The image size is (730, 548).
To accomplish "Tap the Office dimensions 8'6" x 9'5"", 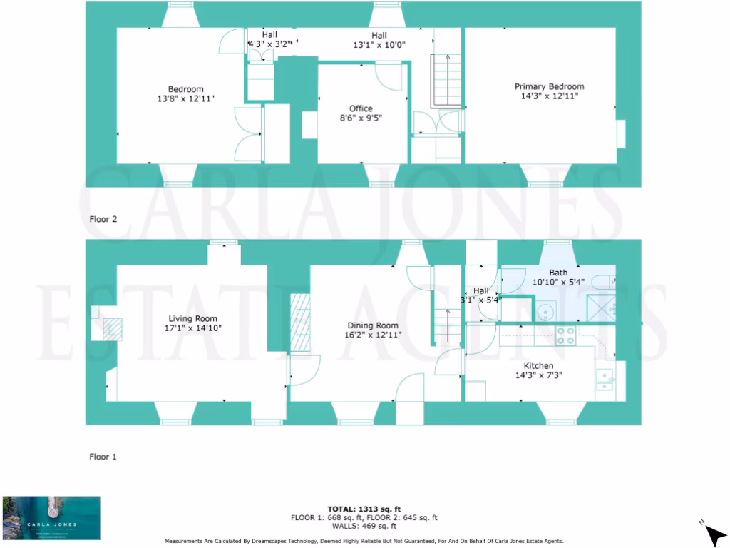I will pos(361,118).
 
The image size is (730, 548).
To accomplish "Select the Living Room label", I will pos(192,318).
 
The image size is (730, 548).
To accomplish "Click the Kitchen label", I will pos(538,365).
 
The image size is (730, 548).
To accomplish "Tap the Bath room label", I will pos(558,273).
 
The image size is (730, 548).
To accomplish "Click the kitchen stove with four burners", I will pos(565,336).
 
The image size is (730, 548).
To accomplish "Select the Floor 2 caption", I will pos(103,219).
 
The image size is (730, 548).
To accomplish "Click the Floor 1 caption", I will pos(103,457).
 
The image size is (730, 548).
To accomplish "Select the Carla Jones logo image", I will pos(51,518).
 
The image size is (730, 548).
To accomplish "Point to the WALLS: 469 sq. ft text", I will pos(364,526).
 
